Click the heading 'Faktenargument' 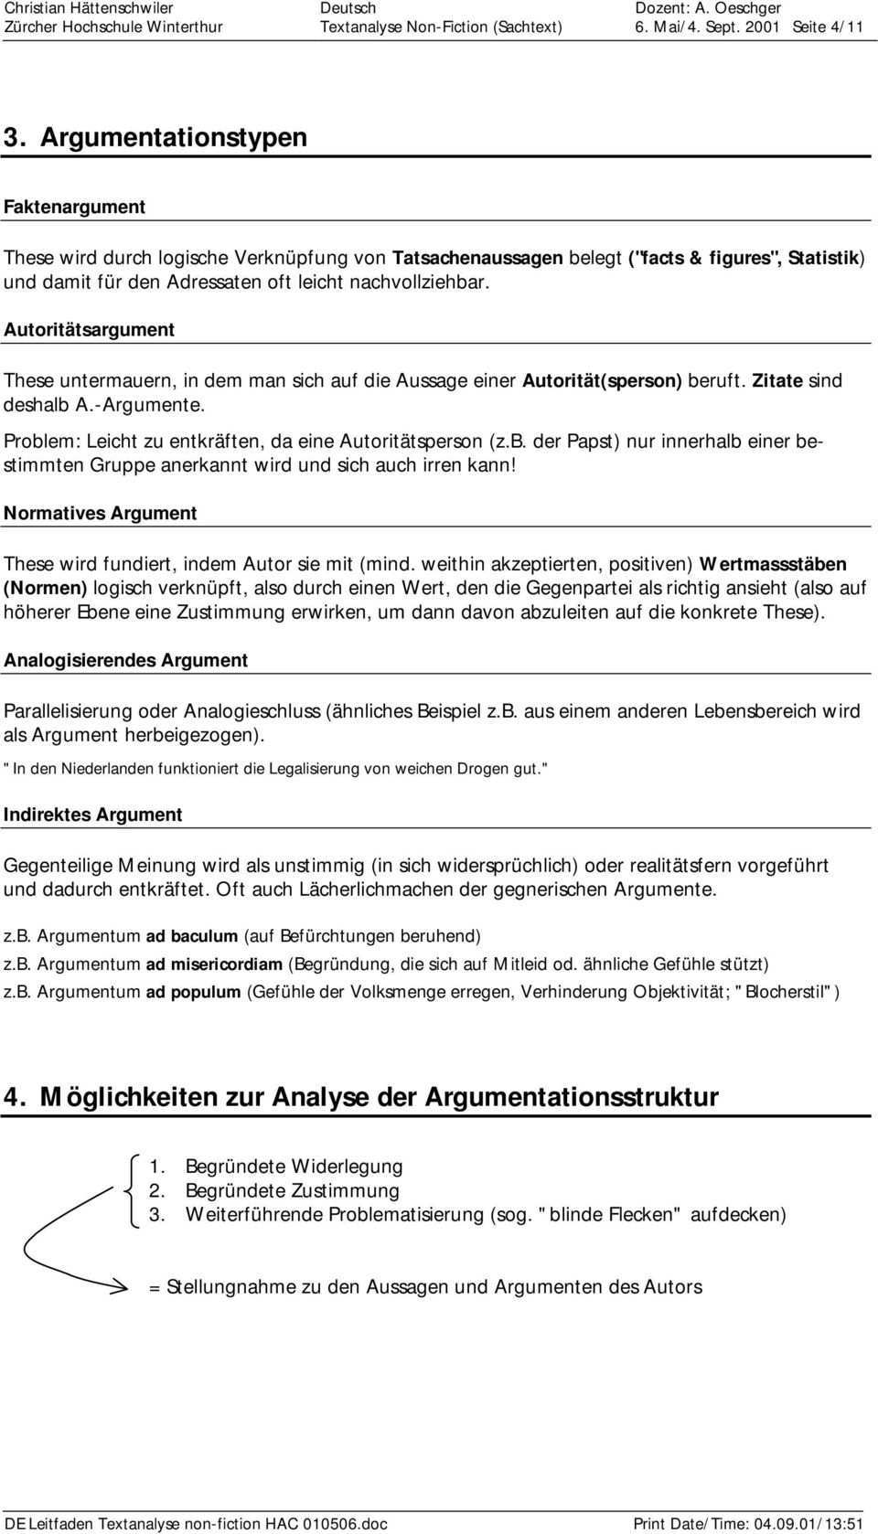(74, 207)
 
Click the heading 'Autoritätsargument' (89, 328)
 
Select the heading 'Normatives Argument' (100, 513)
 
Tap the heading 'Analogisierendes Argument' (125, 660)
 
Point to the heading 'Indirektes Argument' (92, 815)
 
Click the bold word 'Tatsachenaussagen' (476, 258)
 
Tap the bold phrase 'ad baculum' (191, 936)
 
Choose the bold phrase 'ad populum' (193, 992)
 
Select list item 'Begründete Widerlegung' (294, 1166)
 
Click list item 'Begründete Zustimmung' (292, 1190)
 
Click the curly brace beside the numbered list (128, 1189)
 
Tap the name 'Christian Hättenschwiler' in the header (89, 8)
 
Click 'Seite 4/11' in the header (828, 27)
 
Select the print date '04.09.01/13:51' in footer (808, 1524)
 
